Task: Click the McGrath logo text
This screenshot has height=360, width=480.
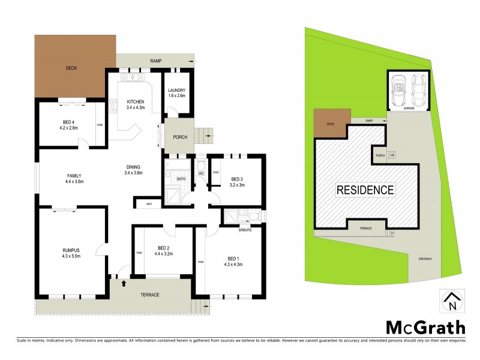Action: point(425,327)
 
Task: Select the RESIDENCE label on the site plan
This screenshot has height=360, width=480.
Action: point(365,190)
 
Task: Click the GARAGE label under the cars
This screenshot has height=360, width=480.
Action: point(409,109)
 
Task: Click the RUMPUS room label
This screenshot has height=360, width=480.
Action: point(71,253)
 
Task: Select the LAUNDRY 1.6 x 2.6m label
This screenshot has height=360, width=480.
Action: point(177,93)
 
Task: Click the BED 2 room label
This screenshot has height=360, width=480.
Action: point(165,251)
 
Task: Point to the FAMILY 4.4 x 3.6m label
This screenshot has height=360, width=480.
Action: point(74,178)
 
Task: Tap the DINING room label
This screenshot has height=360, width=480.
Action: point(133,170)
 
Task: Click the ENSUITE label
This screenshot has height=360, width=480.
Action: point(245,229)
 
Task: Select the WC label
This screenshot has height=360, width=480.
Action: point(201,173)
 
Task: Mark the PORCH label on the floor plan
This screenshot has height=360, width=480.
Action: point(180,137)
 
